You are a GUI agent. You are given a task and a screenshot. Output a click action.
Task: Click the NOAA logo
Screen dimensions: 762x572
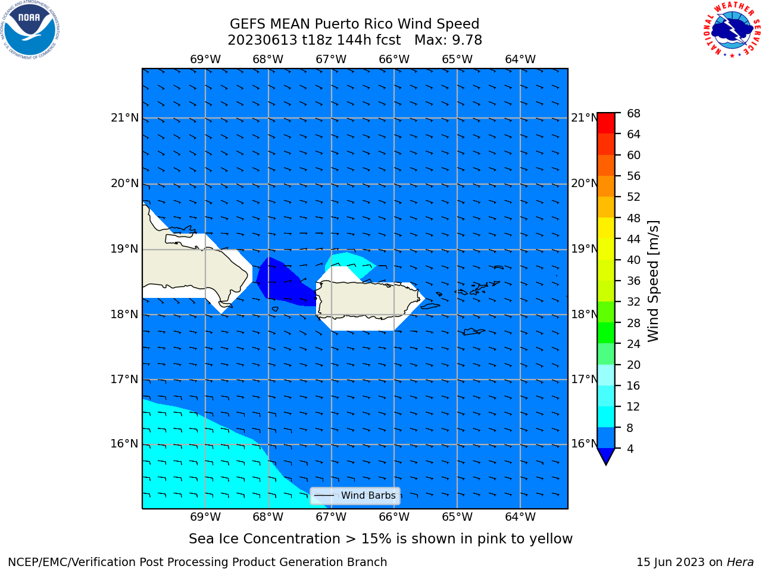30,30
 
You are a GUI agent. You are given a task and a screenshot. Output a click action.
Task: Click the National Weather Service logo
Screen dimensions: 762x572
732,30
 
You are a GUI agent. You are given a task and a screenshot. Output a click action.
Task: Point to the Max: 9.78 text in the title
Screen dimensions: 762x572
448,40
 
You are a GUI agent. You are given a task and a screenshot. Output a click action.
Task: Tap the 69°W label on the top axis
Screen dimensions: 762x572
205,59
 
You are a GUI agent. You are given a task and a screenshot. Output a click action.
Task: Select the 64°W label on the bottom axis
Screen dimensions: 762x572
520,517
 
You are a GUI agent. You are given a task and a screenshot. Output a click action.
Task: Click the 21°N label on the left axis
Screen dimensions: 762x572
124,118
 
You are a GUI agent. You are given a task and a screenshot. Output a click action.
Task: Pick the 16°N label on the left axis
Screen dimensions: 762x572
124,443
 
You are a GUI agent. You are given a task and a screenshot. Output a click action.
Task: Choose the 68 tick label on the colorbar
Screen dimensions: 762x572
633,113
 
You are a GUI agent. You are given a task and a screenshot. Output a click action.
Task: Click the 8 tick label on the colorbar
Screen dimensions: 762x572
630,428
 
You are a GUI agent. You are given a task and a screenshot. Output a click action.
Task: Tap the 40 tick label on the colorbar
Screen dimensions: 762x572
633,260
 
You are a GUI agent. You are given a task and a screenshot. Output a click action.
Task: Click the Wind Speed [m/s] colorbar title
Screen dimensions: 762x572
653,281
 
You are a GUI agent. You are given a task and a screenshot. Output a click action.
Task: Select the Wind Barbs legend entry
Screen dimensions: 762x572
355,495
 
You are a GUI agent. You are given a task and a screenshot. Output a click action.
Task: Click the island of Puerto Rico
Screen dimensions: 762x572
368,299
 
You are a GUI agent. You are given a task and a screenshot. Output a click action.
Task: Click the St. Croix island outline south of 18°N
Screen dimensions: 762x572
473,332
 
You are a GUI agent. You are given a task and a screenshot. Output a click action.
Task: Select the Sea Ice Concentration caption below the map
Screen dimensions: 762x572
380,539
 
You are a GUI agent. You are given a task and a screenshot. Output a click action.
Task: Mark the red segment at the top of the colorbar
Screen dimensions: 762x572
606,123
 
